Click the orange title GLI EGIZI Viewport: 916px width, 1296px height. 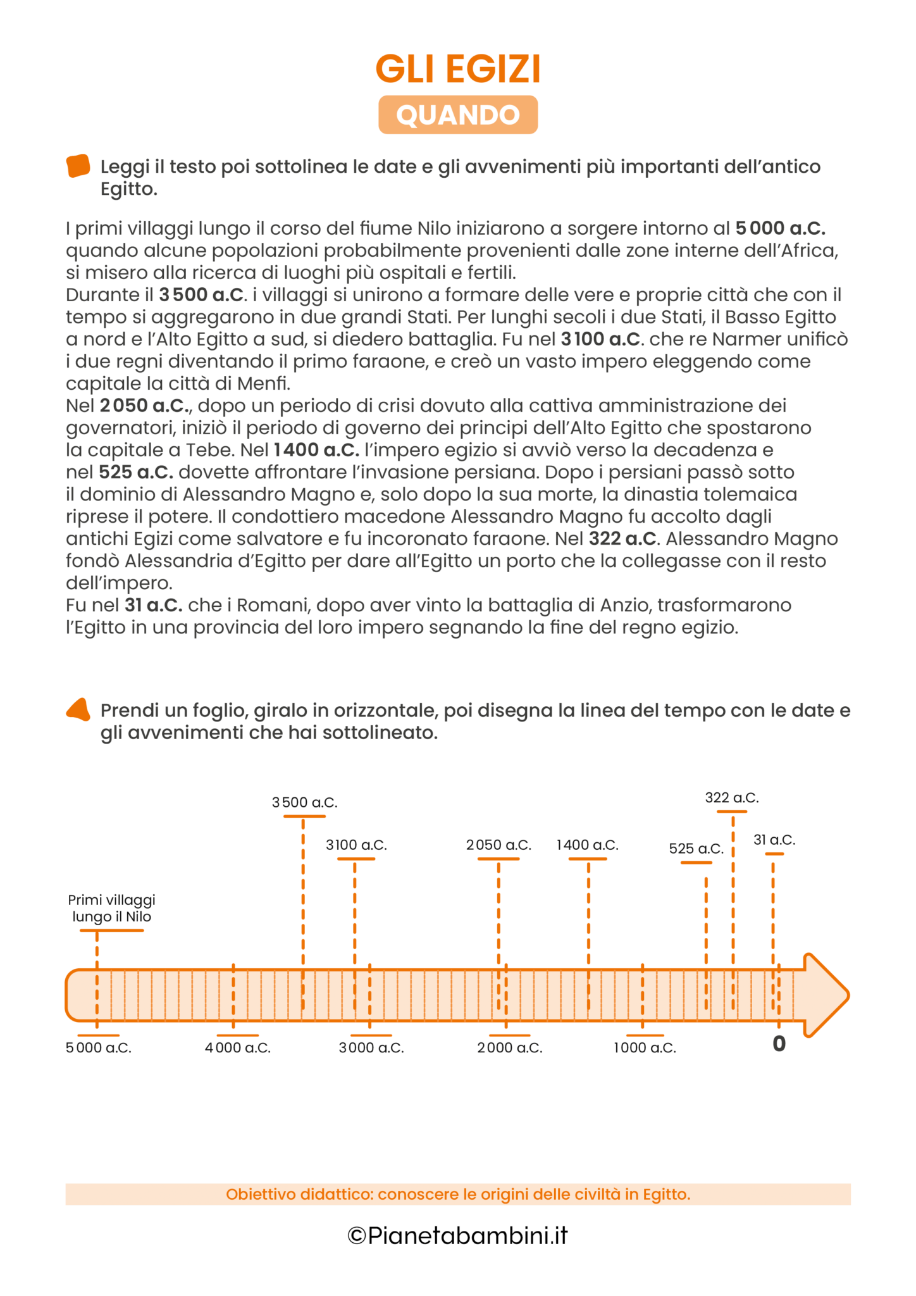pyautogui.click(x=458, y=70)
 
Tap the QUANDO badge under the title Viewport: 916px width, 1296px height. pyautogui.click(x=458, y=115)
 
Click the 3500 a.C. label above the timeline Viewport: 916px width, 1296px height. pyautogui.click(x=305, y=802)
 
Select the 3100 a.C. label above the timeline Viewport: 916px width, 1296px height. pyautogui.click(x=356, y=845)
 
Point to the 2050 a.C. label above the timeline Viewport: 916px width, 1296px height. pyautogui.click(x=498, y=845)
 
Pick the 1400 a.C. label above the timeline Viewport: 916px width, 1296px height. pyautogui.click(x=587, y=845)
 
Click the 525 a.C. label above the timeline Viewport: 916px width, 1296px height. pyautogui.click(x=696, y=849)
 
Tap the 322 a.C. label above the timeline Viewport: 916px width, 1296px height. pyautogui.click(x=732, y=797)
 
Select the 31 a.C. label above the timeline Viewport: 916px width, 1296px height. pyautogui.click(x=774, y=840)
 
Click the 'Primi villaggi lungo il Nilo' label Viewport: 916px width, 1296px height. pyautogui.click(x=112, y=908)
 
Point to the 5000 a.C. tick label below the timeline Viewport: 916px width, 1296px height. pyautogui.click(x=99, y=1048)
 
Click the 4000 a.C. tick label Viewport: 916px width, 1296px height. pyautogui.click(x=238, y=1048)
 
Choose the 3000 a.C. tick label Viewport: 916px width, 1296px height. pyautogui.click(x=371, y=1048)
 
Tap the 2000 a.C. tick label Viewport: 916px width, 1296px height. pyautogui.click(x=510, y=1048)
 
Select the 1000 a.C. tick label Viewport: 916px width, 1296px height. pyautogui.click(x=645, y=1048)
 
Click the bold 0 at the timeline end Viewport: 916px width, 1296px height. pyautogui.click(x=779, y=1044)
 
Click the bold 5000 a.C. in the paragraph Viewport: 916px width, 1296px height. pyautogui.click(x=780, y=228)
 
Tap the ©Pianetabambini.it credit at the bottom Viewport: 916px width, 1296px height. pyautogui.click(x=458, y=1235)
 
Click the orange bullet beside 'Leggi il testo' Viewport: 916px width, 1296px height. pyautogui.click(x=78, y=166)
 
